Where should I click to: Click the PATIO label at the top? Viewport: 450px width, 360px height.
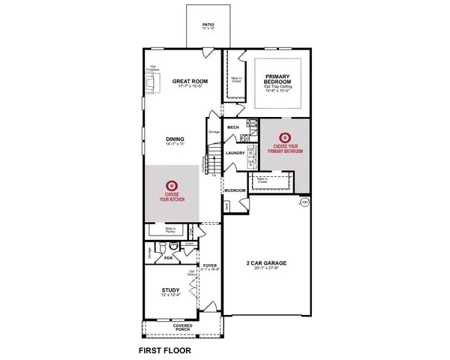[209, 24]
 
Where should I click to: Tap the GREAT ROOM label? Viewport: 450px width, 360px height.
[189, 81]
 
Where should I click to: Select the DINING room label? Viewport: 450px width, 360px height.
[175, 138]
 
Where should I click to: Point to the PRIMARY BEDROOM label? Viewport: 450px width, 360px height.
[277, 79]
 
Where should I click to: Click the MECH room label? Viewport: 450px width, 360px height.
[232, 127]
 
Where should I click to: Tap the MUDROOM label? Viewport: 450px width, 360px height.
[235, 190]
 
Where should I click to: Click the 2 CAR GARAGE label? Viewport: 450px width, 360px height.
[267, 263]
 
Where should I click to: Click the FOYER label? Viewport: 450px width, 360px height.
[210, 265]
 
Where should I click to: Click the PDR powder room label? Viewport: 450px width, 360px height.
[169, 257]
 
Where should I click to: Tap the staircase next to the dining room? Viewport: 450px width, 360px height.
[214, 159]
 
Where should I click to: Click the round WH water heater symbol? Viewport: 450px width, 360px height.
[304, 202]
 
